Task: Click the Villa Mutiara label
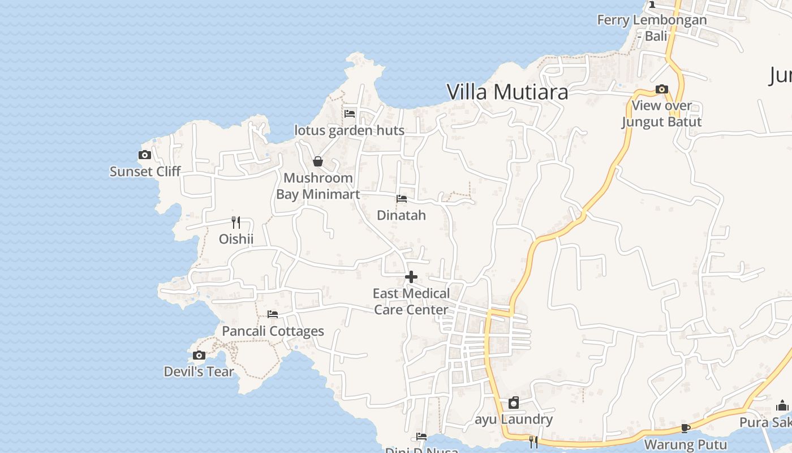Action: (507, 91)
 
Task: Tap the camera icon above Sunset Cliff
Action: (145, 155)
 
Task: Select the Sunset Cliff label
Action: (145, 171)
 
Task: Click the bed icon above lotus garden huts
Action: (350, 113)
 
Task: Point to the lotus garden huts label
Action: (350, 130)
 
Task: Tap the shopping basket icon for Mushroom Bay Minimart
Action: (318, 161)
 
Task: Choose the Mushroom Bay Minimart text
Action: (318, 186)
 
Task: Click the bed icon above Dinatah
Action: (402, 199)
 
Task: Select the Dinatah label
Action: (402, 215)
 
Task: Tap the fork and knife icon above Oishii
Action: (236, 223)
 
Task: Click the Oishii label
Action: (236, 239)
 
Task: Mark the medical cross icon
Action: (411, 277)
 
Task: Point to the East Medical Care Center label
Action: (411, 301)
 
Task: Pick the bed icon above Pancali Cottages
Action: (273, 314)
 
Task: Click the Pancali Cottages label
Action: (273, 331)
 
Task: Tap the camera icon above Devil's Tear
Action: (199, 355)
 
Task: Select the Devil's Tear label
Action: (199, 371)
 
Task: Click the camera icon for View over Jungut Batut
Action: (662, 89)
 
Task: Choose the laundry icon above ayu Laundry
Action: (514, 403)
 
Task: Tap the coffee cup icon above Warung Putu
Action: (685, 428)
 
